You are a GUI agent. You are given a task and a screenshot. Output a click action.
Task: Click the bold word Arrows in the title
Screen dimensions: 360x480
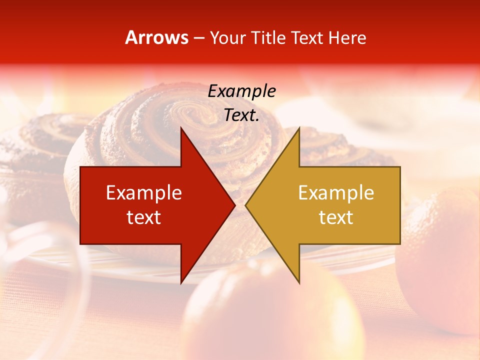[x=156, y=37]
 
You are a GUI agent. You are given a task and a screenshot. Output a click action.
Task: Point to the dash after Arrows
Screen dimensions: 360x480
[x=198, y=38]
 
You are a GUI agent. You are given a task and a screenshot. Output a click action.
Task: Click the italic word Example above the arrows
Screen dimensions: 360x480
[x=241, y=91]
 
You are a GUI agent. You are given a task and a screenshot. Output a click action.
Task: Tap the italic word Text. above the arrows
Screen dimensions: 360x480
[x=241, y=115]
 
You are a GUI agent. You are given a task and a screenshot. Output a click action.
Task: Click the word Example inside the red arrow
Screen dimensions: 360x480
[x=144, y=193]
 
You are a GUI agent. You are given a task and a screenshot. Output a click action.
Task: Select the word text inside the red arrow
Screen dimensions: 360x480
[x=144, y=217]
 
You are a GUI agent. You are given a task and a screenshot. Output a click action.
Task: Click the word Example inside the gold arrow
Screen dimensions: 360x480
[x=336, y=193]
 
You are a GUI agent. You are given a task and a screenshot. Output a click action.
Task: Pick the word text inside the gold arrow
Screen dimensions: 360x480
[x=336, y=217]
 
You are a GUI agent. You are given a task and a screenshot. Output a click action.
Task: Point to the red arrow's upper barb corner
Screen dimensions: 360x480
[x=181, y=128]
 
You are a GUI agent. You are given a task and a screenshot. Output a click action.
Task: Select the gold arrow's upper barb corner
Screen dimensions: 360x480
[x=298, y=128]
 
